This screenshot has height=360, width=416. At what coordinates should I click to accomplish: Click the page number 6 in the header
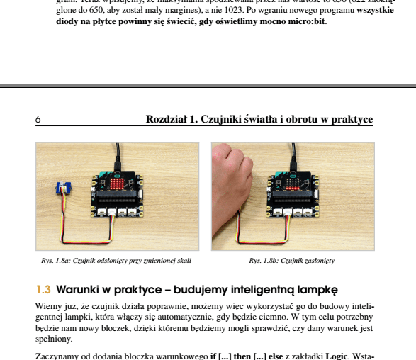coord(38,120)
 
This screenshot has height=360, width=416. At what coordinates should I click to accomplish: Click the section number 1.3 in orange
coord(43,290)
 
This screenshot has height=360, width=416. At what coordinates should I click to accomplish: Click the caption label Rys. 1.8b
coord(264,261)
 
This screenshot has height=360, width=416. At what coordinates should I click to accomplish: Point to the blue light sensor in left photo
coord(63,189)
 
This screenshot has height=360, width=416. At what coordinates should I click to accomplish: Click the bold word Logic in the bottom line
coord(337,355)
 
